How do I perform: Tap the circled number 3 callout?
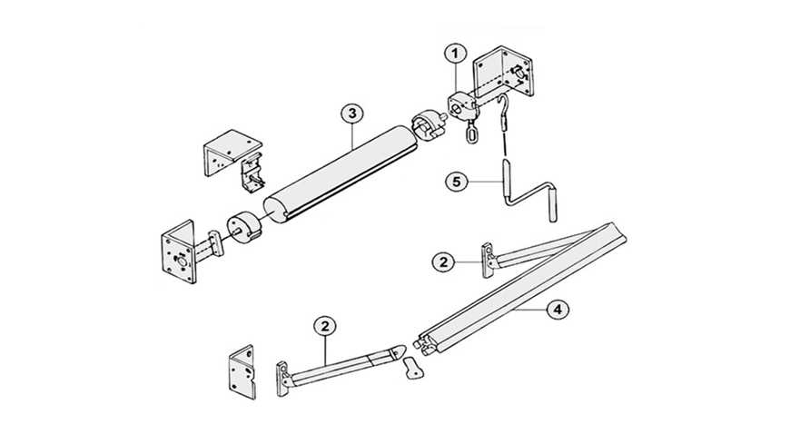pos(351,113)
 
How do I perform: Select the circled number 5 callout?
pos(457,182)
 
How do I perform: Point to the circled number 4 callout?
pos(557,309)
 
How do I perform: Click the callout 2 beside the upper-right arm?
pos(443,262)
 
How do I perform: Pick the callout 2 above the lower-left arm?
pos(325,326)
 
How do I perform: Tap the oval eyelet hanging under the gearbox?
pos(472,134)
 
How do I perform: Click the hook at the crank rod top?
pos(502,107)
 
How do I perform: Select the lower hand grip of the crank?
pos(554,204)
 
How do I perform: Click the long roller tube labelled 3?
pos(341,173)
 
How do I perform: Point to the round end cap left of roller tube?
pos(243,230)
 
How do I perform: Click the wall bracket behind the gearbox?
pos(502,71)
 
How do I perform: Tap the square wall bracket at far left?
pos(178,252)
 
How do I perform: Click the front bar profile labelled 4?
pos(521,287)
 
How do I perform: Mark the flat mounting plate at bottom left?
pos(242,372)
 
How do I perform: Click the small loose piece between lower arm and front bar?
pos(413,368)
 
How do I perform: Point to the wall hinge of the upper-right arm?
pos(489,260)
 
